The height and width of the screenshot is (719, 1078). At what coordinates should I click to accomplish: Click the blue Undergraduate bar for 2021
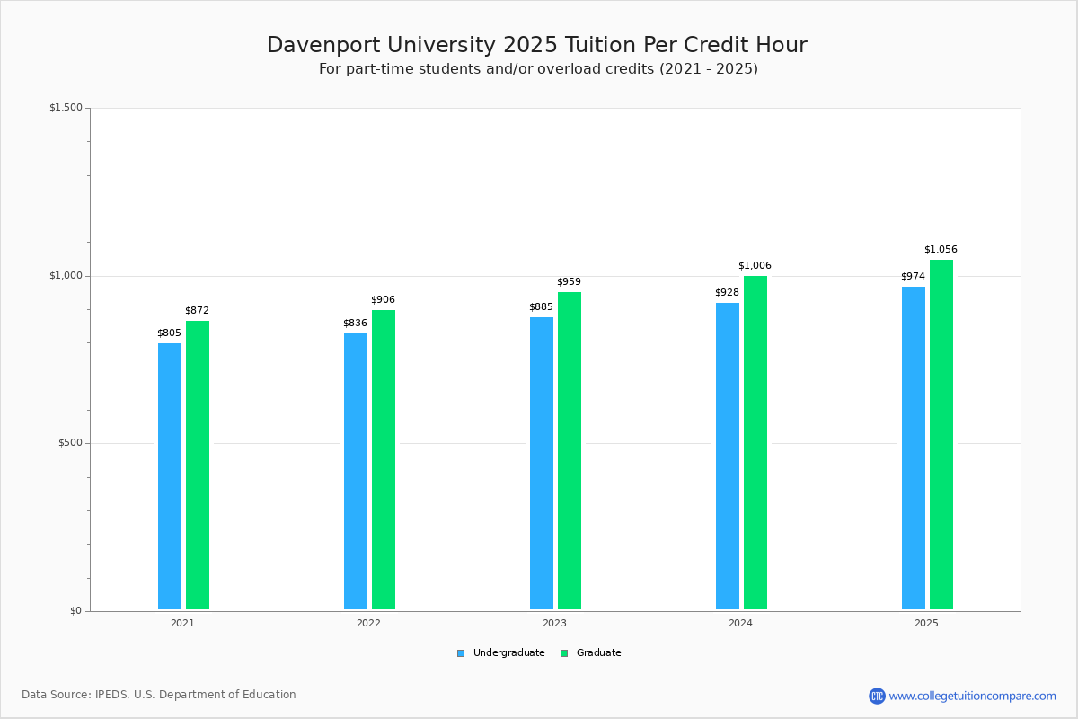tap(170, 476)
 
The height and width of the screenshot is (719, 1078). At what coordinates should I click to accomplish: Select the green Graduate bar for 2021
tap(198, 465)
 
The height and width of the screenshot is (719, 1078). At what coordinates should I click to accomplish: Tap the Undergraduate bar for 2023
tap(542, 463)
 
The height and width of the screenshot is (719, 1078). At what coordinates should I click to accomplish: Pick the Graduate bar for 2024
tap(755, 442)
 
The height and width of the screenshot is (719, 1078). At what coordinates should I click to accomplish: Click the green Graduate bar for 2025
tap(941, 434)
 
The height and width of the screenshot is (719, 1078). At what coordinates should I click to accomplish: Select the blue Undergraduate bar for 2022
tap(356, 471)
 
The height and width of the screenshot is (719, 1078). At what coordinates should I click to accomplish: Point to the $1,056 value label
tap(941, 250)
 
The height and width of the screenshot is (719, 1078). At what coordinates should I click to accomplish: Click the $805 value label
tap(169, 333)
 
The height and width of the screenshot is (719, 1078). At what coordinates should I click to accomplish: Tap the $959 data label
tap(569, 282)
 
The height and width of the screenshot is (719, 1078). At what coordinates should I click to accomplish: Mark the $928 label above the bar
tap(727, 293)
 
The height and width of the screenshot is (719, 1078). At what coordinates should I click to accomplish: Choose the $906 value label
tap(383, 300)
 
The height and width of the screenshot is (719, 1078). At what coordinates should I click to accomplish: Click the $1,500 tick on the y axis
tap(66, 108)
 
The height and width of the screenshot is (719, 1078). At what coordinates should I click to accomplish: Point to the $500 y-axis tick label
tap(70, 443)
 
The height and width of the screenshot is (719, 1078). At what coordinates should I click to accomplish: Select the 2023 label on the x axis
tap(554, 623)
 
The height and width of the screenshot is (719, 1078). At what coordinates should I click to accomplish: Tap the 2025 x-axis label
tap(926, 623)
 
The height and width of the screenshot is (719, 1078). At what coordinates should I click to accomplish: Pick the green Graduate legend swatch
tap(564, 653)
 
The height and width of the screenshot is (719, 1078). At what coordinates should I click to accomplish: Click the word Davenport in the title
tap(318, 46)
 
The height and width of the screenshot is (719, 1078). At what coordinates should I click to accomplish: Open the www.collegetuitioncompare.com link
tap(972, 696)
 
